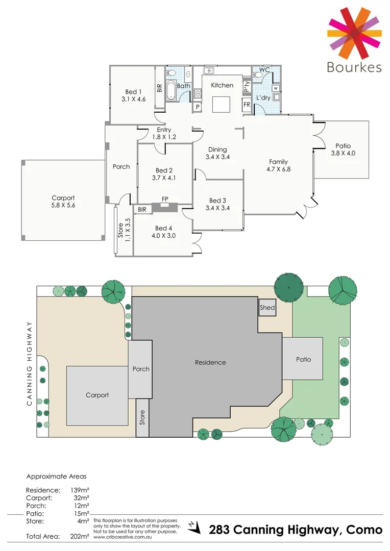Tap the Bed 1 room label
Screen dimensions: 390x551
pos(133,92)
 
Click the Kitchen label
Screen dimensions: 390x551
pos(222,85)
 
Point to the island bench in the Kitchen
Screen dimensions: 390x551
pos(222,104)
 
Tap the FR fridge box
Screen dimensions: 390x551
pos(247,105)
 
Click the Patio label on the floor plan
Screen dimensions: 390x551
pos(343,145)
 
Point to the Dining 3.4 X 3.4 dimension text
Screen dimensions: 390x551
pos(217,157)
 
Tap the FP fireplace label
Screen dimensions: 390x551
pos(165,199)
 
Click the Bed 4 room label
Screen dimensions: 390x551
pos(164,228)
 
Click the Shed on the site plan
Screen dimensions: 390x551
pos(267,308)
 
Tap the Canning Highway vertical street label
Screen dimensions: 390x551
pos(30,364)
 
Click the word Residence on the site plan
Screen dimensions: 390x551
pos(210,362)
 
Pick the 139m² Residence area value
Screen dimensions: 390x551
pos(80,490)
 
